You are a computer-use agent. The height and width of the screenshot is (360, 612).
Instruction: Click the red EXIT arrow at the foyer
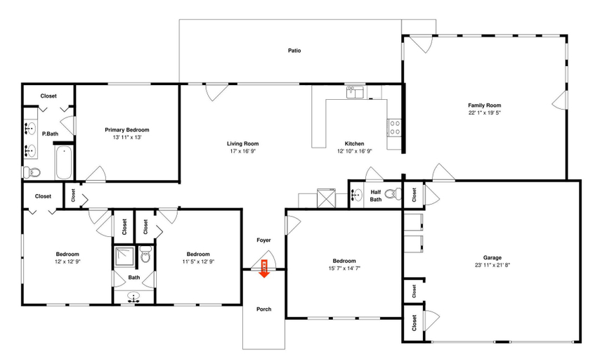[x=264, y=269]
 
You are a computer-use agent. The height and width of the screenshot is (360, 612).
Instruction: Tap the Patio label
[x=294, y=51]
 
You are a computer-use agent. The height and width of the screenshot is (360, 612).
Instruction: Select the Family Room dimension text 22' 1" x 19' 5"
[x=484, y=112]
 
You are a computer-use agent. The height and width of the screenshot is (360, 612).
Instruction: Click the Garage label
[x=492, y=258]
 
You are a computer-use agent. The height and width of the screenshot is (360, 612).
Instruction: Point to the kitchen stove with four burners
[x=394, y=128]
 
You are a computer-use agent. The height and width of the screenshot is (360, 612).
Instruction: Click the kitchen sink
[x=355, y=93]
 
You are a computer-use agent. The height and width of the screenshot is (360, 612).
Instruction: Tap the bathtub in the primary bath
[x=64, y=162]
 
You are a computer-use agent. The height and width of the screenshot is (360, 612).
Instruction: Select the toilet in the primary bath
[x=32, y=172]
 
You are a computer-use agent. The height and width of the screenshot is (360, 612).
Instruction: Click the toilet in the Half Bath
[x=393, y=193]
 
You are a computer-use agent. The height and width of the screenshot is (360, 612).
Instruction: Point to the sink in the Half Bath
[x=356, y=194]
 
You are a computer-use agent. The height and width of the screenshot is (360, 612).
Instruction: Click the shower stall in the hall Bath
[x=124, y=256]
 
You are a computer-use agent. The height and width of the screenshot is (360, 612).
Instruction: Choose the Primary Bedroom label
[x=127, y=130]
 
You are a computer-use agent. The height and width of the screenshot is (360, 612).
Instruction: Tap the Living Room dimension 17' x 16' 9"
[x=243, y=151]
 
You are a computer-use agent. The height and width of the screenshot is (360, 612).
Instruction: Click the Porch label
[x=264, y=309]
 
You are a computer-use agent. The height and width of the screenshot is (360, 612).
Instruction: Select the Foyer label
[x=263, y=240]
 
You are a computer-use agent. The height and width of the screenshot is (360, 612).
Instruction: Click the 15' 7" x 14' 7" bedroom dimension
[x=344, y=269]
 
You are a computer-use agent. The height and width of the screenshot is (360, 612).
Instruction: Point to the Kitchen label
[x=354, y=143]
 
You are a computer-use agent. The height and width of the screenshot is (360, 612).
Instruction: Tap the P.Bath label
[x=50, y=134]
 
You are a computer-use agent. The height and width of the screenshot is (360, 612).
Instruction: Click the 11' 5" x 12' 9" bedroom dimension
[x=198, y=262]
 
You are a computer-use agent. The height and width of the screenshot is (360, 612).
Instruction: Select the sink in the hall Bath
[x=134, y=297]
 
